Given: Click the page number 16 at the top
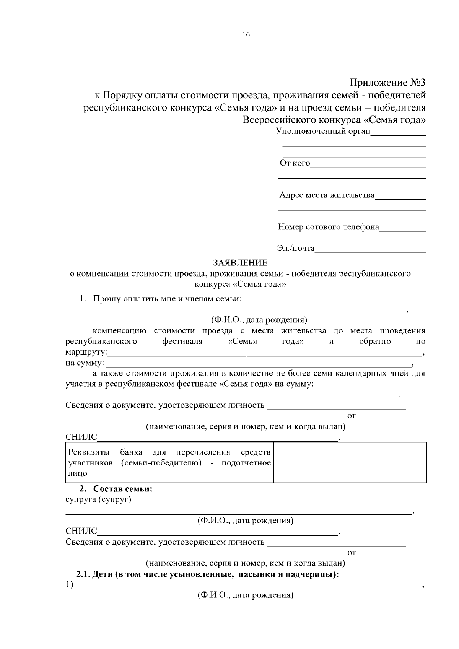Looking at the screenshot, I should pos(246,35).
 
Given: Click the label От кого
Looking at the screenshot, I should pos(295,164).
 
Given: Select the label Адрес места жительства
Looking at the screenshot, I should pos(327,195).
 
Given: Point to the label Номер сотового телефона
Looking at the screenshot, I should pos(328,227).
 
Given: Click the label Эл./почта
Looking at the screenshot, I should pos(296,249).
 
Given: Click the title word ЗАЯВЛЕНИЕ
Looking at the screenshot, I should pos(240,263).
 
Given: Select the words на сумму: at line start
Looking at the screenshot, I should pos(85,363).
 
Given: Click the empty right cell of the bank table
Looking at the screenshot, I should pos(350,462).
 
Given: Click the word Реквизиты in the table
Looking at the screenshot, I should pos(89,452).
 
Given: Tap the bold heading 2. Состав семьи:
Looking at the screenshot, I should pos(116,489).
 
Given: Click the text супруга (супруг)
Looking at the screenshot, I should pos(98,499).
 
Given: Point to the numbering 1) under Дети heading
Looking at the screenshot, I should pos(69,585).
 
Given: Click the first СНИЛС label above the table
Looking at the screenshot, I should pos(81,437).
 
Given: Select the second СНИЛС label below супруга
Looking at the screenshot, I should pos(81,531).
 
